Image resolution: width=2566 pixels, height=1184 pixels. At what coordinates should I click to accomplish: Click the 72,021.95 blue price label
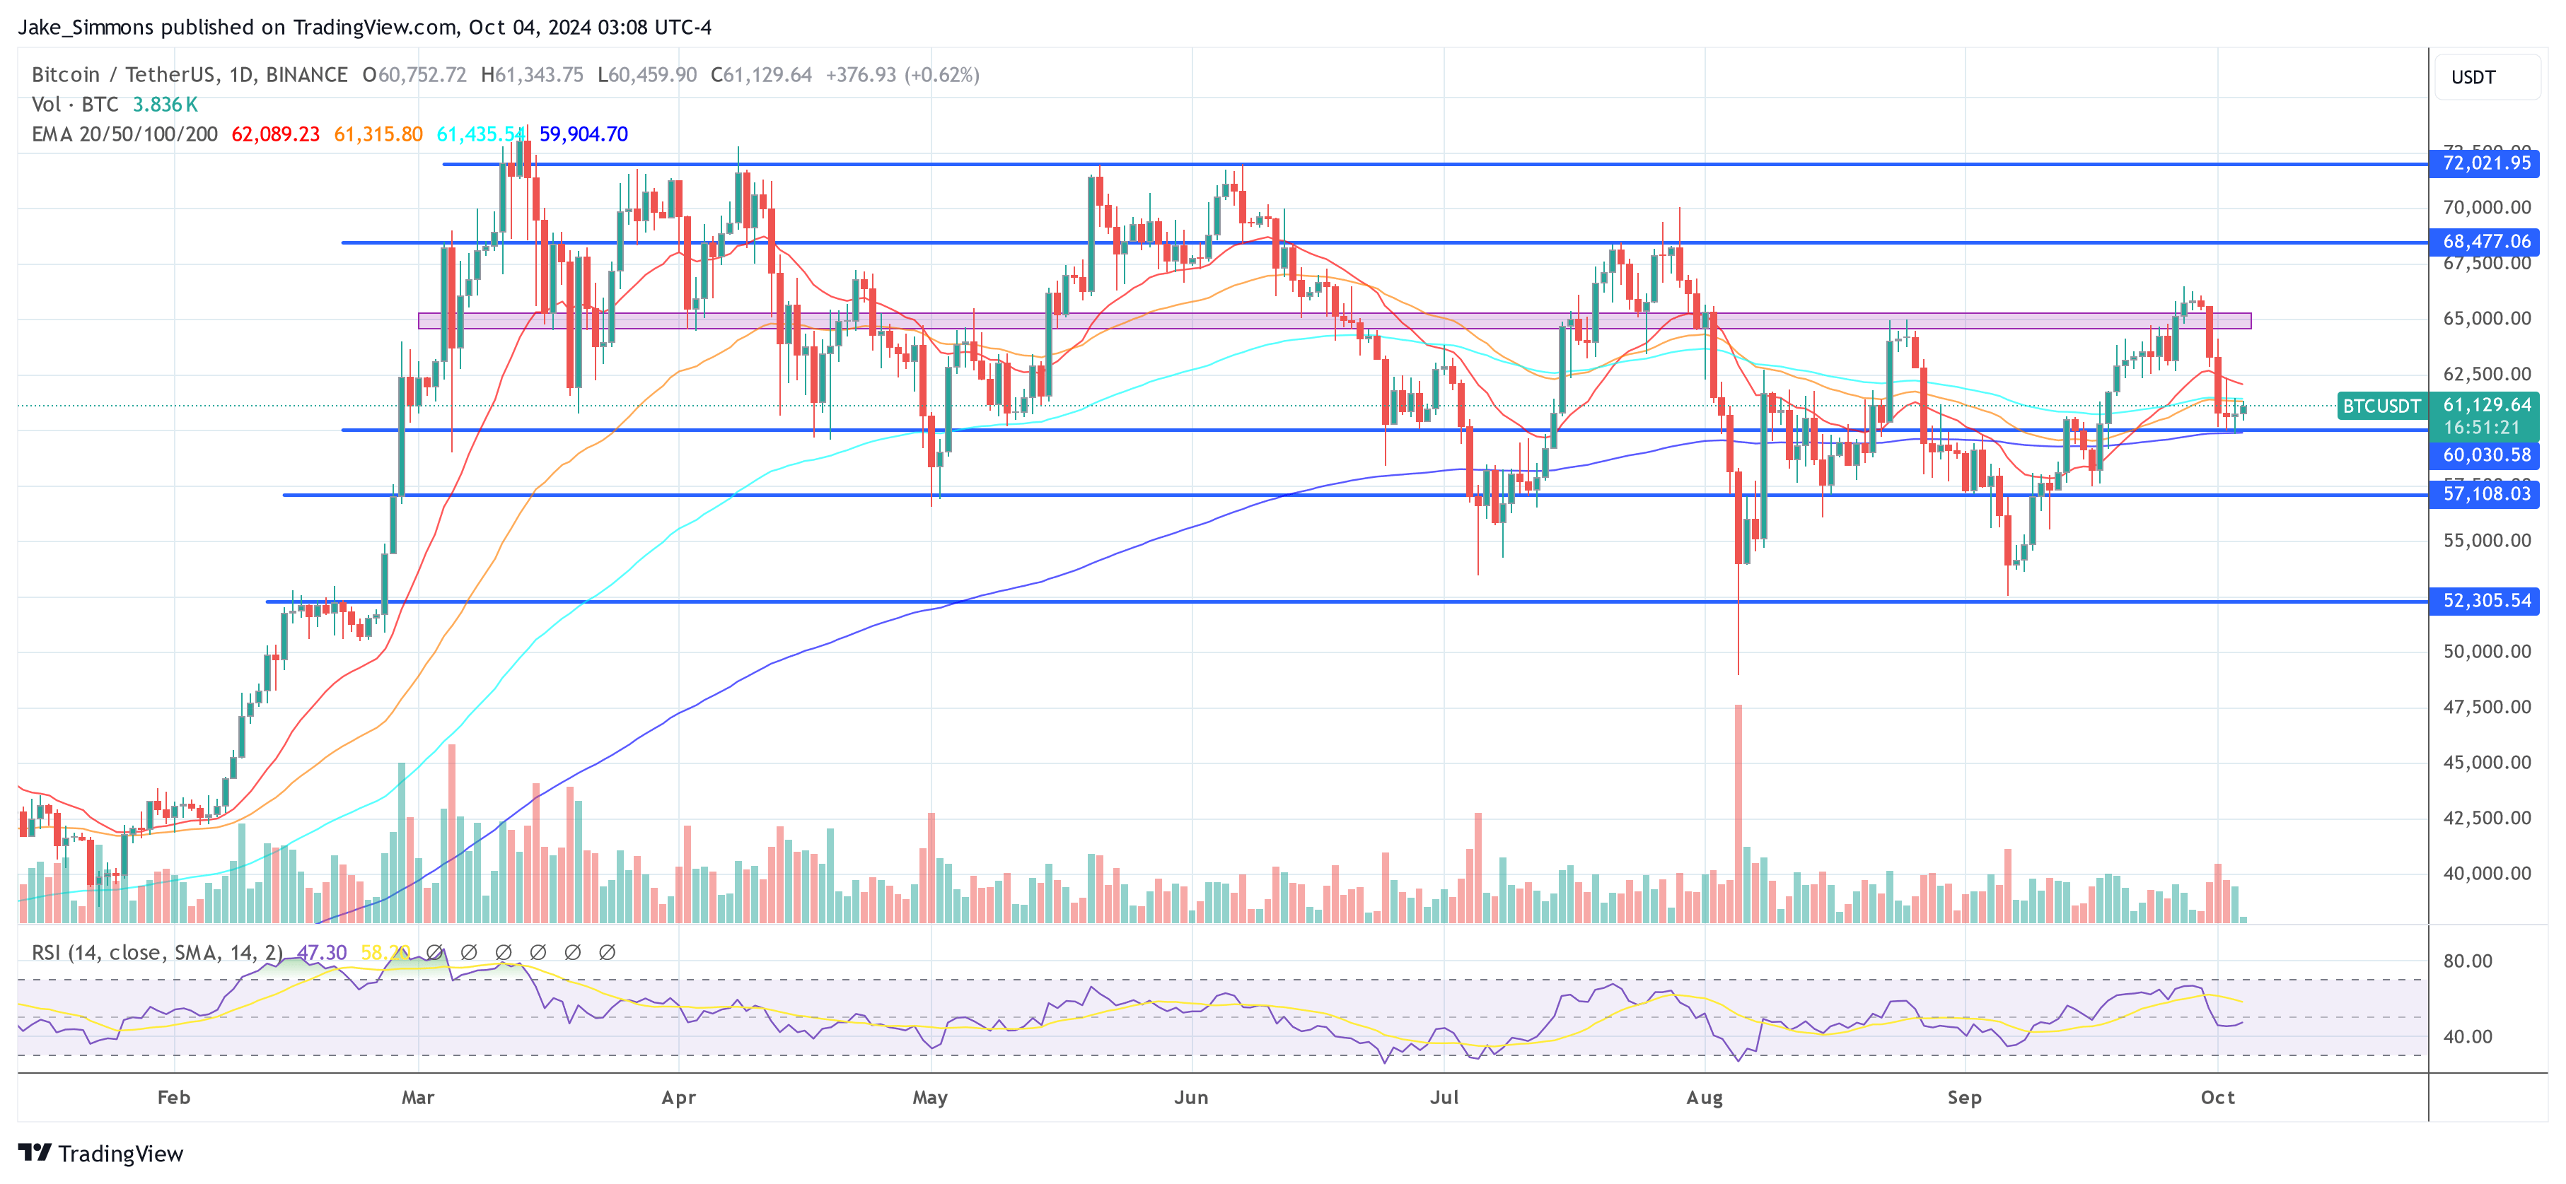[x=2485, y=163]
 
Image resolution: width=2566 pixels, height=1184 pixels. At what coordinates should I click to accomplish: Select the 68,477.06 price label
[x=2485, y=242]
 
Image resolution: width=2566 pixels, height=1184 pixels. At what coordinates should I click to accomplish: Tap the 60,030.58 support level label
[x=2485, y=455]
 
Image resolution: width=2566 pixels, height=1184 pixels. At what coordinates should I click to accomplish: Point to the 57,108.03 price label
[x=2485, y=494]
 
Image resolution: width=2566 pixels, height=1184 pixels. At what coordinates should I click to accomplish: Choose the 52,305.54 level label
[x=2485, y=600]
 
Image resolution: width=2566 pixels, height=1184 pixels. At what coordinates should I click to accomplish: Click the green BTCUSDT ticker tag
[x=2381, y=406]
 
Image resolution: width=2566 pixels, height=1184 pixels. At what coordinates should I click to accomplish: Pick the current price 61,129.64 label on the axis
[x=2485, y=405]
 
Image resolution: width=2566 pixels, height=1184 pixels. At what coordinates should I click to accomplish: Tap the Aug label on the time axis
[x=1705, y=1097]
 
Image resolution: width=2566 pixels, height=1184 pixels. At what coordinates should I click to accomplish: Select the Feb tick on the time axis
[x=173, y=1097]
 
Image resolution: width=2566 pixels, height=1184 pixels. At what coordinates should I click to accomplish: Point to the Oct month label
[x=2217, y=1097]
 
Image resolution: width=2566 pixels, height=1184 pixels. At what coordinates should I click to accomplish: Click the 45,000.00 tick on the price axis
[x=2486, y=763]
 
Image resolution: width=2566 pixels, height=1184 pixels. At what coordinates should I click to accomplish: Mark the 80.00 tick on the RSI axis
[x=2468, y=961]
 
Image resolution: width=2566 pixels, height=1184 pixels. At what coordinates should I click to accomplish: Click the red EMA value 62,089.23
[x=275, y=134]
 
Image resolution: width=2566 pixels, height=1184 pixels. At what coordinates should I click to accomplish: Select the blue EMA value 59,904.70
[x=584, y=134]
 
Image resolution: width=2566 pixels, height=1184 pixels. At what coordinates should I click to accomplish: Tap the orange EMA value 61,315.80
[x=378, y=134]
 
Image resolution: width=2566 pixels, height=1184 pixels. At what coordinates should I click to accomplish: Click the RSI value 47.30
[x=322, y=953]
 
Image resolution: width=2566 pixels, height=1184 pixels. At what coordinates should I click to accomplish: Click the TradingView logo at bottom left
[x=100, y=1153]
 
